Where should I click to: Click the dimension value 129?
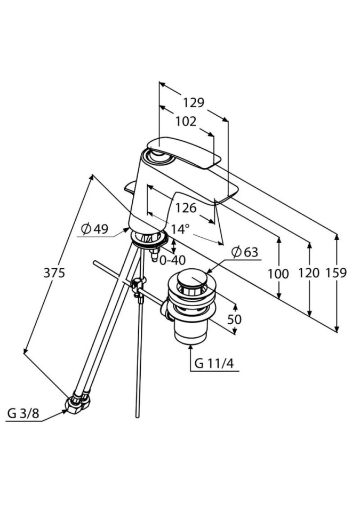(x=194, y=103)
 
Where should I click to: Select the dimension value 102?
(x=186, y=121)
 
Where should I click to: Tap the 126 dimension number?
(x=186, y=208)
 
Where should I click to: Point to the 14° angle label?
(x=181, y=229)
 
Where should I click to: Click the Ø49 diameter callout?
(x=94, y=229)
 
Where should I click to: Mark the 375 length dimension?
(x=54, y=273)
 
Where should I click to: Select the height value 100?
(x=278, y=274)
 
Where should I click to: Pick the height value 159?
(x=336, y=273)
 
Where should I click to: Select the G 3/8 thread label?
(x=22, y=413)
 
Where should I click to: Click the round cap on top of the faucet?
(x=158, y=155)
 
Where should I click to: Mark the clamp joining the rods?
(x=138, y=286)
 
